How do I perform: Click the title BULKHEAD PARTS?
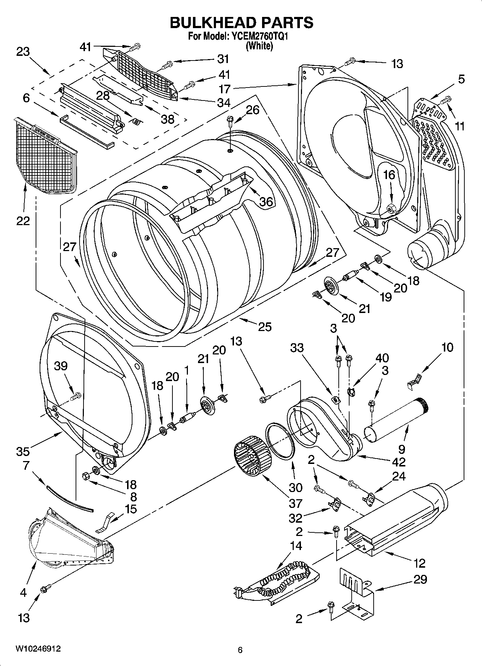pyautogui.click(x=241, y=22)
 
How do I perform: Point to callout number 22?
pyautogui.click(x=23, y=220)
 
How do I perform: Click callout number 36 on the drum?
pyautogui.click(x=266, y=202)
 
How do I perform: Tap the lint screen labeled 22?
pyautogui.click(x=45, y=155)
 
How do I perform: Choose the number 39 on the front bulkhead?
pyautogui.click(x=61, y=366)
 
